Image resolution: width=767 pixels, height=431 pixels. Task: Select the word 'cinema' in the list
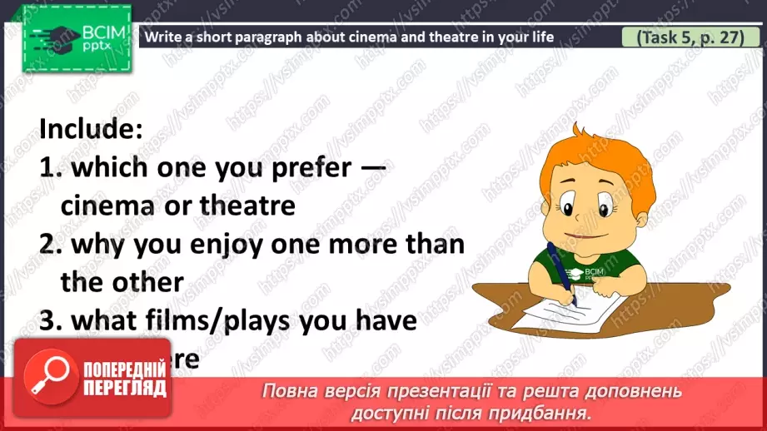pos(104,205)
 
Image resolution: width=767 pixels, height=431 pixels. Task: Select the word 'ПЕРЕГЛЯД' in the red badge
pos(125,387)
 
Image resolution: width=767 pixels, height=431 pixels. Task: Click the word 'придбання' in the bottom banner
pos(550,412)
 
